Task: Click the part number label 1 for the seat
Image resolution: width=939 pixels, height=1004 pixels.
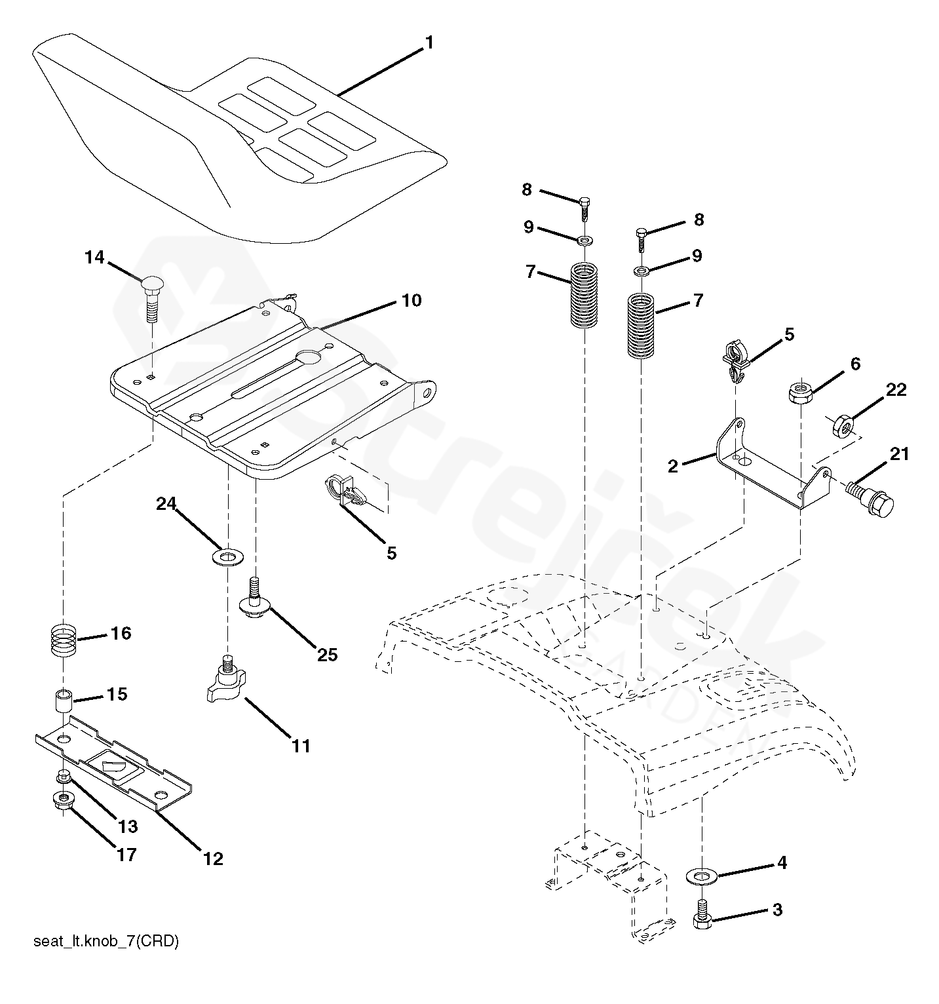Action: pyautogui.click(x=429, y=43)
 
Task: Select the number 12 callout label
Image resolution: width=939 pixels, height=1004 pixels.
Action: pyautogui.click(x=214, y=859)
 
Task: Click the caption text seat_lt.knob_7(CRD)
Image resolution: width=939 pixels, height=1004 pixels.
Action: pyautogui.click(x=105, y=942)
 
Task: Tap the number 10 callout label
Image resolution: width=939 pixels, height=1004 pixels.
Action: pyautogui.click(x=412, y=301)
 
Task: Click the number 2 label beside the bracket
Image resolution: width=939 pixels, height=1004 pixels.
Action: pyautogui.click(x=672, y=466)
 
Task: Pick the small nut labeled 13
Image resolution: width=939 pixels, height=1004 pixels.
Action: pyautogui.click(x=64, y=777)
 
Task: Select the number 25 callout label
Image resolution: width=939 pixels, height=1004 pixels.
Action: pyautogui.click(x=328, y=654)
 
